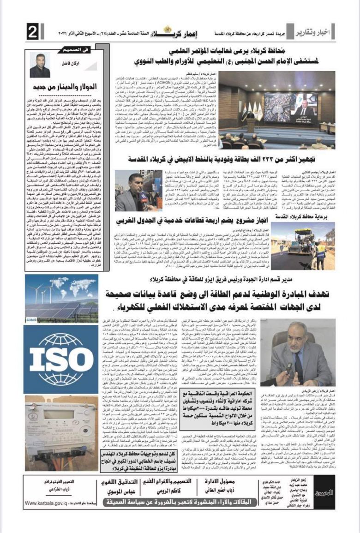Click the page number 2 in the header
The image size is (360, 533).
click(x=33, y=33)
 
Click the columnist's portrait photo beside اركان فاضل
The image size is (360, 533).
click(x=40, y=65)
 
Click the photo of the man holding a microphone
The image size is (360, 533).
click(x=132, y=190)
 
